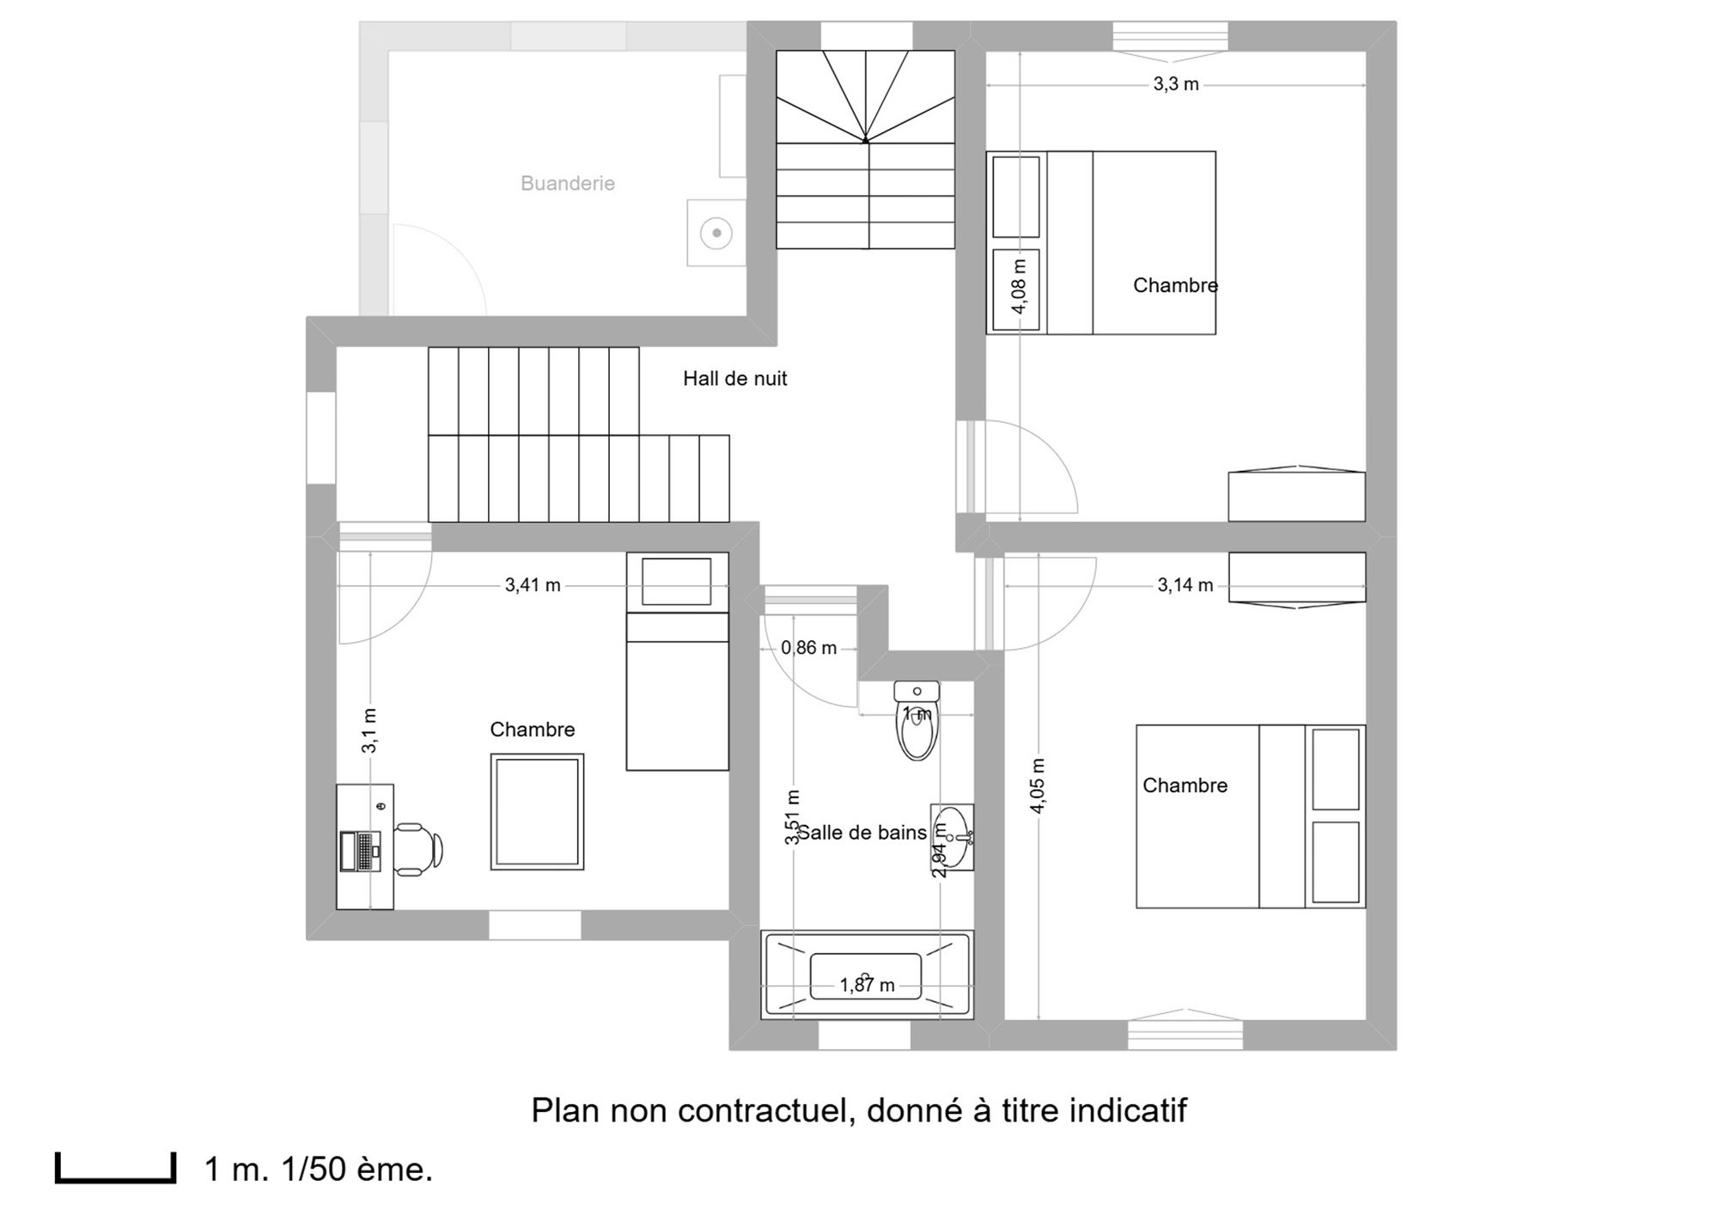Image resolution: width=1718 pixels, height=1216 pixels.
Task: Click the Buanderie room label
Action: (x=568, y=183)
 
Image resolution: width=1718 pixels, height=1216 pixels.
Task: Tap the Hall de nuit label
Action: (x=735, y=378)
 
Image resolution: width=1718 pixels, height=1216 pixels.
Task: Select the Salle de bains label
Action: (x=862, y=833)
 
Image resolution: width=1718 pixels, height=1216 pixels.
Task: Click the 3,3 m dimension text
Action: (x=1176, y=84)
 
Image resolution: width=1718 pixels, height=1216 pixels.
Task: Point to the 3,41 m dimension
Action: (x=533, y=585)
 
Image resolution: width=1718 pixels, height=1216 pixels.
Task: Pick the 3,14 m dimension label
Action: (x=1185, y=585)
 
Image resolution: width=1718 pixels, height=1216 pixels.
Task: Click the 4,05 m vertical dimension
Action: (x=1038, y=785)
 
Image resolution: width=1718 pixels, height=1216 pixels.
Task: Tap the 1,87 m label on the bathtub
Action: (x=867, y=985)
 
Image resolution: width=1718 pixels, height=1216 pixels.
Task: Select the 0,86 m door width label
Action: (x=808, y=648)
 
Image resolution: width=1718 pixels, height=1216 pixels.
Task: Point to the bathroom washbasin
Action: (x=953, y=837)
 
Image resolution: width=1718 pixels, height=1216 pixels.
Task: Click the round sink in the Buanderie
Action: (x=716, y=233)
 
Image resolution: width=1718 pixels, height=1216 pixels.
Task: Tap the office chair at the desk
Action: (x=418, y=849)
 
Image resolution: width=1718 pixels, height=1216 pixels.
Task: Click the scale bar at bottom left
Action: (x=116, y=1169)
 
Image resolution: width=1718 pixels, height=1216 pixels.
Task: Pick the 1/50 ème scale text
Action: (x=357, y=1170)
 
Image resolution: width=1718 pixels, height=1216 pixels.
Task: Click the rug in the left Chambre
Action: (x=538, y=812)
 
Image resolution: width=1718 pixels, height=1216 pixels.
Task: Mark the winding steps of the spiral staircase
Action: (x=865, y=96)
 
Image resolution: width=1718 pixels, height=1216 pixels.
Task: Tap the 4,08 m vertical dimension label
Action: (x=1020, y=286)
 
